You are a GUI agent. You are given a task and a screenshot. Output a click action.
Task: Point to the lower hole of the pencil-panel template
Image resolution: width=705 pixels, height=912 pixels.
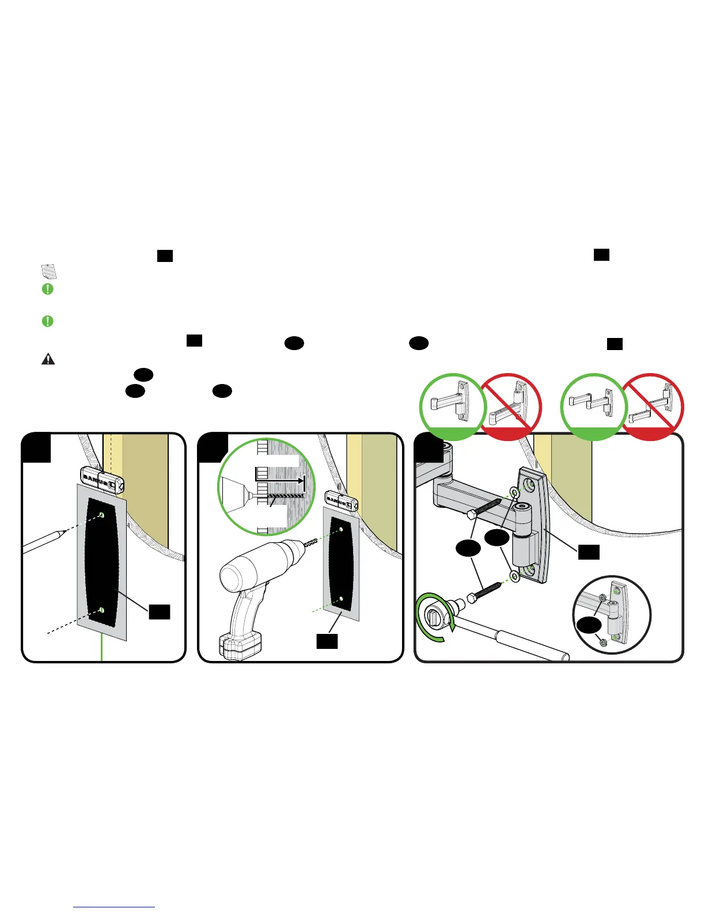pos(102,610)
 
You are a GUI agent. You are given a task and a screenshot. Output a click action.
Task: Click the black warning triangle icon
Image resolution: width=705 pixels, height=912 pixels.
pos(48,359)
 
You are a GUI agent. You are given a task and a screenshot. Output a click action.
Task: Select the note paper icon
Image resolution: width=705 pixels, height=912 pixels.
pos(49,272)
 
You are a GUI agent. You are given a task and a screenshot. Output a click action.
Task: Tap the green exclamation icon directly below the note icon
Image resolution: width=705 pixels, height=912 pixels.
pos(48,289)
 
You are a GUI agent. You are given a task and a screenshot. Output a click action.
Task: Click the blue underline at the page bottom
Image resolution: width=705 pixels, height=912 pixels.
pos(115,907)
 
